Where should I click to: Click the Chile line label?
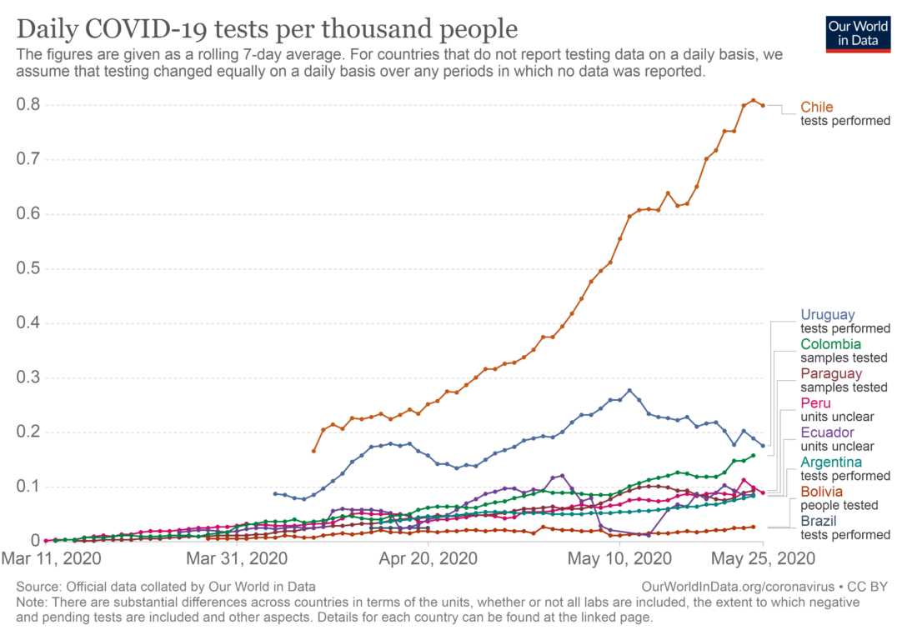click(817, 107)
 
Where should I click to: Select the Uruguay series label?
click(828, 315)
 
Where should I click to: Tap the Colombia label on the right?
click(831, 344)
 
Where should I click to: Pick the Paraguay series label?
click(831, 373)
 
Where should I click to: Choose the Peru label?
click(815, 403)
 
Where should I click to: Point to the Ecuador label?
click(827, 432)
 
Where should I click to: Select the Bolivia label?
click(821, 492)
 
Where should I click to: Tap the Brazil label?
click(818, 521)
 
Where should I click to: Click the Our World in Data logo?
click(857, 32)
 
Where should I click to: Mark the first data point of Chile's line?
click(313, 451)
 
